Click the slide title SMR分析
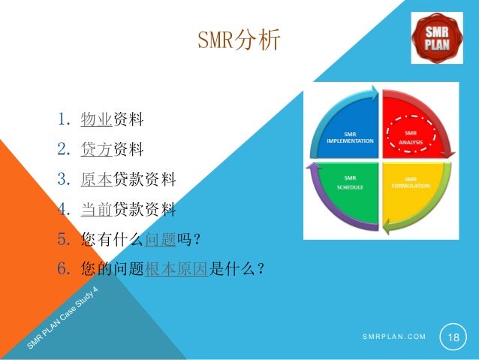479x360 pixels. pos(239,39)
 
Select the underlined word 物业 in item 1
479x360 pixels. pos(96,119)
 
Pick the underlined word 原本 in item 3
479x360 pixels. pos(96,179)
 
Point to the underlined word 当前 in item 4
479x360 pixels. pos(96,209)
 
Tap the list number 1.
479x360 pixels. pos(63,119)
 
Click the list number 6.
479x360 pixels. pos(63,269)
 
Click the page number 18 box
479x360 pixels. pos(453,337)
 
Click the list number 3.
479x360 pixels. pos(63,179)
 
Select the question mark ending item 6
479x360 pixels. pos(260,269)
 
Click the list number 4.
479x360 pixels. pos(63,209)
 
